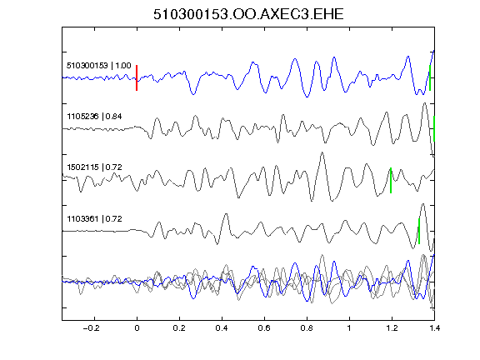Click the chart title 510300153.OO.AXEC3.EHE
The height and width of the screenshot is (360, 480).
coord(248,14)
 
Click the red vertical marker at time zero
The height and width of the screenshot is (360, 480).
coord(137,77)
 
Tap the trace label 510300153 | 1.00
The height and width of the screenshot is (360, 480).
coord(99,66)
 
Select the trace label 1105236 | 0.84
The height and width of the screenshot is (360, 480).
coord(94,117)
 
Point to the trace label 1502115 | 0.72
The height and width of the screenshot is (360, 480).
coord(94,167)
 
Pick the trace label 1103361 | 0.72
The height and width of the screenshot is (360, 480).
coord(94,219)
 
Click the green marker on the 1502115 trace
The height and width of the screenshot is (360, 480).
coord(391,180)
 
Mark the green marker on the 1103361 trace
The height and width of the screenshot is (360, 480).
coord(419,231)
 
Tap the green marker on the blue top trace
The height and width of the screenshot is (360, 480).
coord(430,77)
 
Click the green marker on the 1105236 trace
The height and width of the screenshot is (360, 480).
coord(434,128)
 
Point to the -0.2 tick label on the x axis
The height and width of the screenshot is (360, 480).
coord(92,328)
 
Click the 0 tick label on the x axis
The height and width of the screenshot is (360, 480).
coord(137,328)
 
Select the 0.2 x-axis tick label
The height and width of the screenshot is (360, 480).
coord(179,328)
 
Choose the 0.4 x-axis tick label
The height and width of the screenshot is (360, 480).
coord(222,328)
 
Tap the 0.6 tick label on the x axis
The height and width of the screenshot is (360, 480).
coord(264,328)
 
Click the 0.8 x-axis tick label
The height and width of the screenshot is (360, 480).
coord(307,328)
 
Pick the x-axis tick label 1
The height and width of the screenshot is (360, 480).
coord(349,328)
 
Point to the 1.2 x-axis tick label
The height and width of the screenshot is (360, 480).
coord(392,328)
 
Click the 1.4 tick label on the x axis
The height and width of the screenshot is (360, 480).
coord(434,328)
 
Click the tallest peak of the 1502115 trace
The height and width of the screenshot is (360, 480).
coord(322,152)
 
